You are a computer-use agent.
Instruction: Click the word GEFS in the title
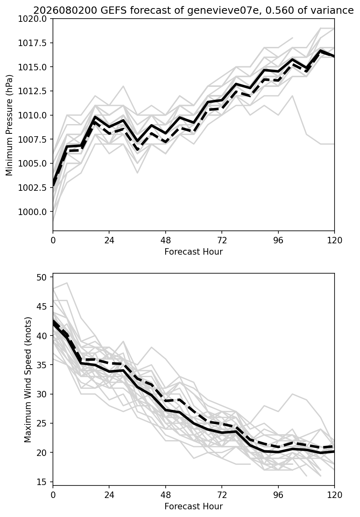tap(114, 11)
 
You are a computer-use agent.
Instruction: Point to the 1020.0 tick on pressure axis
tap(33, 19)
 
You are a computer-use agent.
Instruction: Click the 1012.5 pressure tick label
tap(33, 91)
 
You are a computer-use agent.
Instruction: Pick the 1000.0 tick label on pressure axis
tap(33, 212)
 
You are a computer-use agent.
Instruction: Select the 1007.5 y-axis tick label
tap(33, 139)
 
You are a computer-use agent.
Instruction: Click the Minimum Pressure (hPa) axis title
tap(9, 125)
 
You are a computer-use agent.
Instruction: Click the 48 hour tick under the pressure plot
tap(166, 241)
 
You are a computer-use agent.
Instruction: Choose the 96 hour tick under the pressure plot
tap(278, 241)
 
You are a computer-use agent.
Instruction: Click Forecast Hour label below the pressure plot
tap(194, 252)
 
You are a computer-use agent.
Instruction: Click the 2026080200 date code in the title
tap(65, 11)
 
